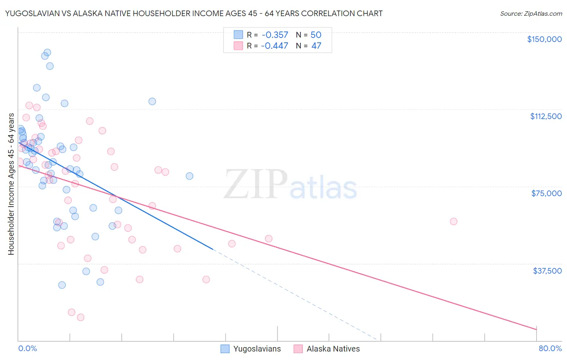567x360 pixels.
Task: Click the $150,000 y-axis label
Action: click(544, 39)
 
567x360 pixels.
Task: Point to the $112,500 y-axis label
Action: click(546, 116)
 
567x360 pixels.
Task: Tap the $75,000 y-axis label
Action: click(546, 193)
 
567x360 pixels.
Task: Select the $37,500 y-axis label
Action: click(547, 271)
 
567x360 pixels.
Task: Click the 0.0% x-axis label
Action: click(27, 348)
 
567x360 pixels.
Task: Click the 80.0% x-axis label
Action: click(550, 348)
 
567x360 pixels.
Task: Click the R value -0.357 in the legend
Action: click(275, 35)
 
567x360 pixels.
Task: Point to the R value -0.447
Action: click(275, 46)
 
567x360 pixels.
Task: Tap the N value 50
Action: click(316, 35)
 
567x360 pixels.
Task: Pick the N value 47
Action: click(316, 46)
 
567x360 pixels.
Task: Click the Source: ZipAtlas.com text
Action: click(531, 13)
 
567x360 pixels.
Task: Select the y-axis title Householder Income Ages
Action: click(11, 184)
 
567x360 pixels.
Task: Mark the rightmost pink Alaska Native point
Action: click(453, 221)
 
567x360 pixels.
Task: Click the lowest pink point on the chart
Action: click(81, 317)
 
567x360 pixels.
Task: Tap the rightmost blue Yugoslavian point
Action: click(189, 176)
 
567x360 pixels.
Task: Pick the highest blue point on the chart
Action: click(47, 52)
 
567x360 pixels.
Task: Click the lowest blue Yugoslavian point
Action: click(62, 285)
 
